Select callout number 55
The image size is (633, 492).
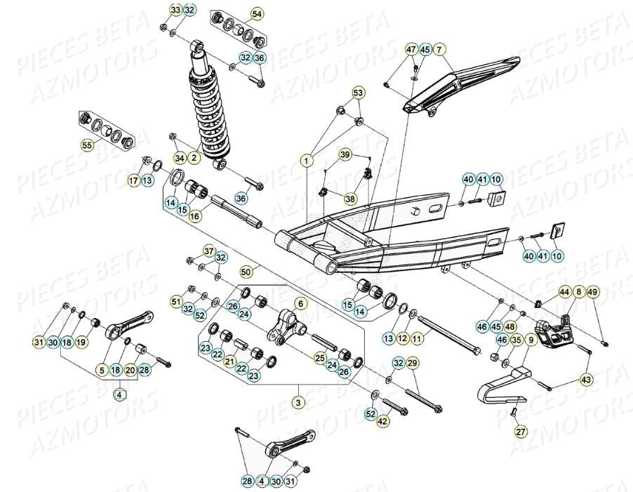click(x=87, y=146)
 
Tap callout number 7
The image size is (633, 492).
click(x=439, y=50)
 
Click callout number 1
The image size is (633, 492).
click(x=307, y=161)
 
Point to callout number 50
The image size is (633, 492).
click(x=246, y=270)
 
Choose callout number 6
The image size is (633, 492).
click(x=300, y=304)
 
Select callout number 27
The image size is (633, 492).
click(x=520, y=432)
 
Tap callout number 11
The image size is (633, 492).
click(x=417, y=339)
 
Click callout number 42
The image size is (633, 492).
click(x=382, y=422)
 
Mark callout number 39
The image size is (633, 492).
click(x=345, y=154)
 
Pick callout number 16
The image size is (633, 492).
click(x=194, y=217)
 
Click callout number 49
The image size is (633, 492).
click(x=593, y=291)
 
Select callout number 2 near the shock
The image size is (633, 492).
click(x=194, y=158)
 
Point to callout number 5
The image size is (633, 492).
click(x=102, y=369)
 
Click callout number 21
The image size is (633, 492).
click(x=229, y=362)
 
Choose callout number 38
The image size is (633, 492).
click(x=350, y=199)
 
